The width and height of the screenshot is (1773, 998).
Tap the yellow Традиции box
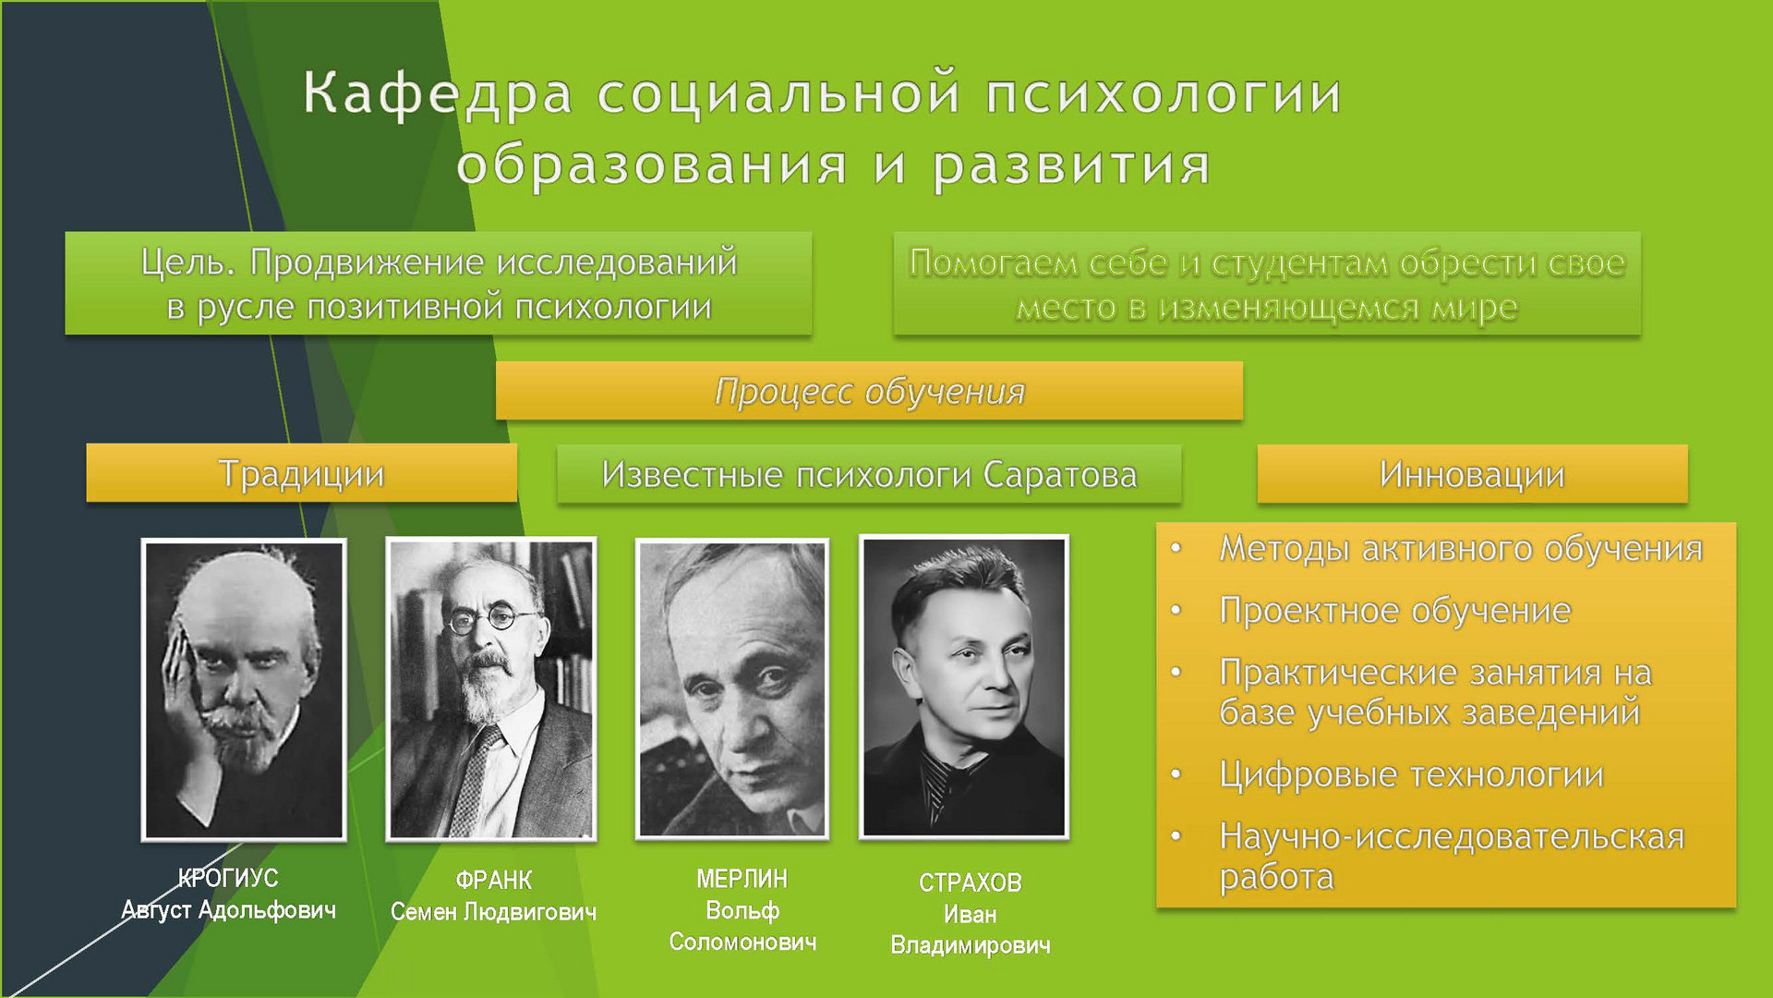[x=302, y=473]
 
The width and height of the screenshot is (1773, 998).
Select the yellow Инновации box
[x=1472, y=474]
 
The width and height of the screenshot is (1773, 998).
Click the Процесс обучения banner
[x=869, y=391]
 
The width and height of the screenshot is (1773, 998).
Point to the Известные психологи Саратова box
[x=869, y=474]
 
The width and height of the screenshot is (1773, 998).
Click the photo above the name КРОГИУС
[x=244, y=690]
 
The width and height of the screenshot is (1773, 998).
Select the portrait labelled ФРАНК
[x=491, y=689]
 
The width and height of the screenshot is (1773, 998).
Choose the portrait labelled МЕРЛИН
[x=732, y=689]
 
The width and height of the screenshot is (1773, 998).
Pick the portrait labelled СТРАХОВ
[x=964, y=688]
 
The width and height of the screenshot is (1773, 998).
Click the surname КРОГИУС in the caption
[x=228, y=878]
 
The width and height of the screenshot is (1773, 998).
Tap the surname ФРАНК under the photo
[x=494, y=880]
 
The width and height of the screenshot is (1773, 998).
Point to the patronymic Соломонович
[x=743, y=942]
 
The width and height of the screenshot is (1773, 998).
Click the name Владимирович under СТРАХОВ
[x=971, y=945]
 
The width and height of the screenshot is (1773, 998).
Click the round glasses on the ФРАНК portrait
[x=491, y=617]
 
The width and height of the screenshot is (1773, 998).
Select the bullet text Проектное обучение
[x=1395, y=612]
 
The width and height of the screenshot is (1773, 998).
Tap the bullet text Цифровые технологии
[x=1412, y=774]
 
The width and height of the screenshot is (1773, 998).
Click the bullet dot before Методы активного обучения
[x=1176, y=548]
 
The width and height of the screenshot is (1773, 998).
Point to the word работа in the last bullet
[x=1277, y=877]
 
